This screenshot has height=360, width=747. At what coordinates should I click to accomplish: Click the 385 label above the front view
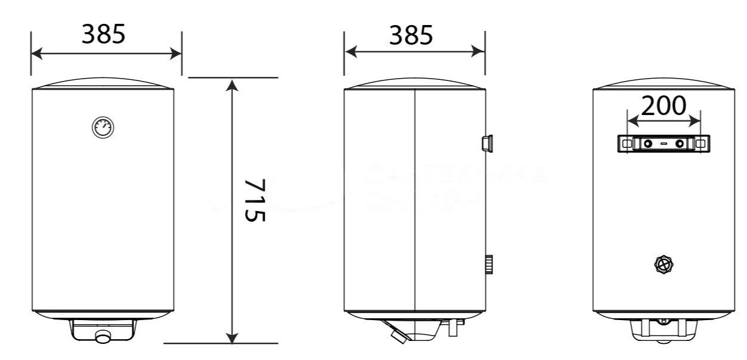click(104, 35)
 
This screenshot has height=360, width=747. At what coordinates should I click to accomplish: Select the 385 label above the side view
click(411, 36)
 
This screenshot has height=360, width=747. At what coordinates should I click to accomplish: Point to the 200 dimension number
click(663, 106)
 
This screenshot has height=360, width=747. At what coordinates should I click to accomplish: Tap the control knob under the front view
click(104, 337)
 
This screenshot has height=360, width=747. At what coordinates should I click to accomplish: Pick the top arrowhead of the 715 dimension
click(233, 84)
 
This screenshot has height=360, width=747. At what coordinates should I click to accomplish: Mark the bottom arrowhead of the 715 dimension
click(233, 337)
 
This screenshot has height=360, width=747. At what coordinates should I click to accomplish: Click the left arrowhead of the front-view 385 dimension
click(37, 54)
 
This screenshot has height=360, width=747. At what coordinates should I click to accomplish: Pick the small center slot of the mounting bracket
click(664, 144)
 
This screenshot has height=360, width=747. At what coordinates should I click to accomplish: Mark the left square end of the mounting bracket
click(626, 144)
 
